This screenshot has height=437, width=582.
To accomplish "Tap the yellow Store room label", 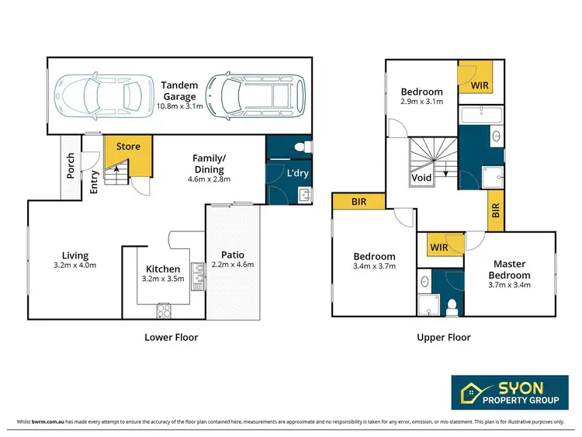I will pos(128,146).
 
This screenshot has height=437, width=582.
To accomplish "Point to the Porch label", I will pos(71,166).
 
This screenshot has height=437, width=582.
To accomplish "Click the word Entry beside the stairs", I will pos(94,182).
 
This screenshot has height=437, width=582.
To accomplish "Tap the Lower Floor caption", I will pos(171,337).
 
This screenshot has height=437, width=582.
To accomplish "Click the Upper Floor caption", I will pos(443,337).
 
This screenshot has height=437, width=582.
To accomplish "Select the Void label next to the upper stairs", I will pos(421,177).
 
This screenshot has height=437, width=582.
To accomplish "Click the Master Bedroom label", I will pos(510,269).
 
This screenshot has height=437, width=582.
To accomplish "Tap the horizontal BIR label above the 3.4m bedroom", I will pos(358,202).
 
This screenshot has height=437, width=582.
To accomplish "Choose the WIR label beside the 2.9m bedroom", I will pos(480,85).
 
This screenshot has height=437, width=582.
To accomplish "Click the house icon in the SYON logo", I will pos(469,391).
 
